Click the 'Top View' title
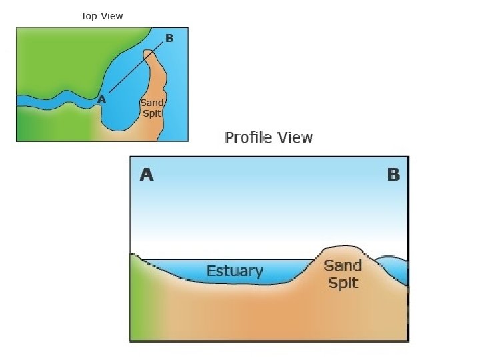pyautogui.click(x=102, y=16)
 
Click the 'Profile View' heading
pyautogui.click(x=269, y=137)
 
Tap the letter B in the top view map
pyautogui.click(x=169, y=38)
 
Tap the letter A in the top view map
pyautogui.click(x=101, y=99)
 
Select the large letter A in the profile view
pyautogui.click(x=147, y=175)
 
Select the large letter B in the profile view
pyautogui.click(x=393, y=175)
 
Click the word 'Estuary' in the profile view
pyautogui.click(x=235, y=271)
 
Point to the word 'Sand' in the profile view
pyautogui.click(x=343, y=266)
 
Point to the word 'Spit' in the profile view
pyautogui.click(x=343, y=283)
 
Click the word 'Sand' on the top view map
pyautogui.click(x=152, y=103)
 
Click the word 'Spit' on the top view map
pyautogui.click(x=152, y=113)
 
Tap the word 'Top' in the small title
pyautogui.click(x=89, y=16)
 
